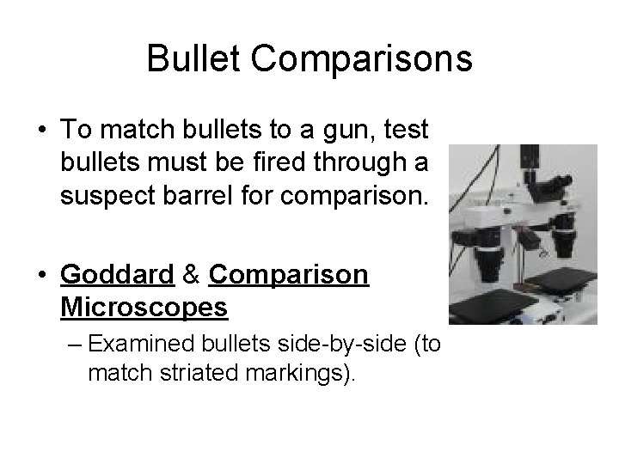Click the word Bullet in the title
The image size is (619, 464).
(193, 59)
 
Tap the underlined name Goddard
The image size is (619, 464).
(116, 276)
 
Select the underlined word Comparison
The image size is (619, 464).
(288, 276)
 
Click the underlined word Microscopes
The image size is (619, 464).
(145, 306)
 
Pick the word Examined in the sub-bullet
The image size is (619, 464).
(142, 345)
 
